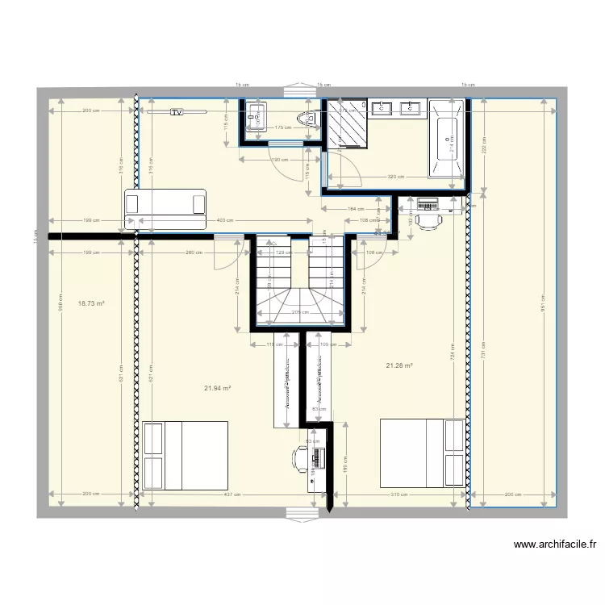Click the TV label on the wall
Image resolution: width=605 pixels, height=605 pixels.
(177, 113)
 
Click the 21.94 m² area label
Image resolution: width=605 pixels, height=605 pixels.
(218, 388)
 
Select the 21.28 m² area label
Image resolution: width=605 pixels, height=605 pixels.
(399, 365)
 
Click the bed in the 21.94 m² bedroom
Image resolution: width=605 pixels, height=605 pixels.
(185, 455)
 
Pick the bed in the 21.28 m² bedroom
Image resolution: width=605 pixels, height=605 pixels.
(423, 452)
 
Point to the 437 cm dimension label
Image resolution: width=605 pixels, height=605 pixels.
(232, 494)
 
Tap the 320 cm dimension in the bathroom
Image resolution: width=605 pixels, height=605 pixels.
(395, 177)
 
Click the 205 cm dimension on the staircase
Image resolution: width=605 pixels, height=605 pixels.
(298, 312)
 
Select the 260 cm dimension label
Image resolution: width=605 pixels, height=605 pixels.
(194, 252)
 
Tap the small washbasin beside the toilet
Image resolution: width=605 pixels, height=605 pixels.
(257, 118)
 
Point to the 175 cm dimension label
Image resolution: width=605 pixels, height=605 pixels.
(282, 127)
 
